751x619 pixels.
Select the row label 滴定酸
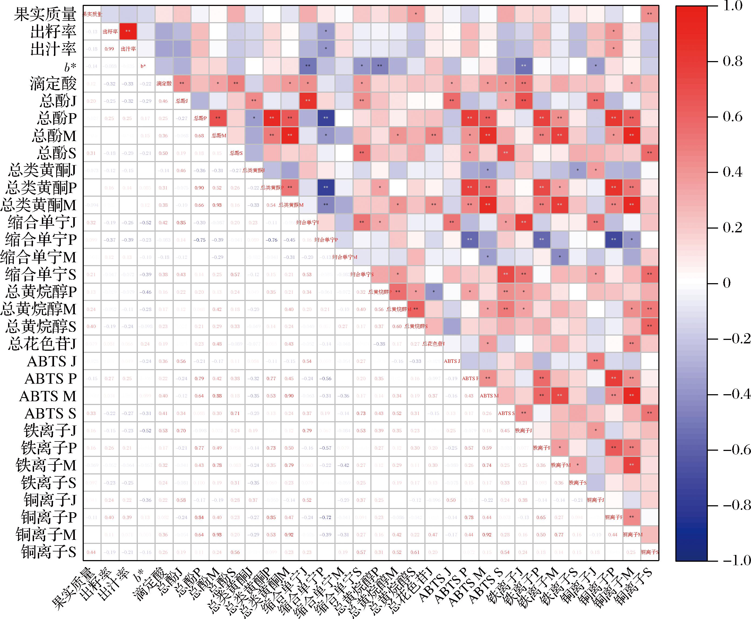[53, 84]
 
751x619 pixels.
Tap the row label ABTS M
[48, 396]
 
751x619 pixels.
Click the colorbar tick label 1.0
[732, 6]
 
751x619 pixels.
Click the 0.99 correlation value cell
[109, 49]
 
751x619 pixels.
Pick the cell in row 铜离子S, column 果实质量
[91, 552]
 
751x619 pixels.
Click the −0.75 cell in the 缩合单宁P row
[199, 240]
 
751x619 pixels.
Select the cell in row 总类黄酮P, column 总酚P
[199, 188]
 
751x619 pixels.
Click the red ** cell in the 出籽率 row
[128, 31]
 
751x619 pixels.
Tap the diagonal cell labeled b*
[145, 66]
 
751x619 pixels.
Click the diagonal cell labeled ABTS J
[452, 361]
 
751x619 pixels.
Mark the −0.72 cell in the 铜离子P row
[326, 517]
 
